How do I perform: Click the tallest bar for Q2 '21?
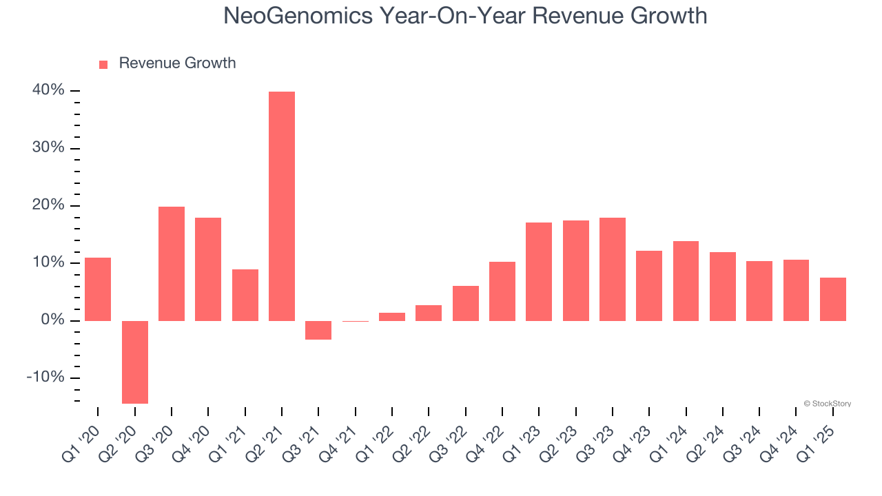[x=282, y=206]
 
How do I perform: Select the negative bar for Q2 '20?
[x=135, y=362]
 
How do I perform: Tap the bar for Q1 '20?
[x=98, y=289]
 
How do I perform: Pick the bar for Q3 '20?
[x=172, y=264]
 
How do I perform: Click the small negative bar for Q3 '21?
[x=318, y=330]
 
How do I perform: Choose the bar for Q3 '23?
[x=613, y=269]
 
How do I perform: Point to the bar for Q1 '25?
[x=833, y=299]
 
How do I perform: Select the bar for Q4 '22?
[x=502, y=291]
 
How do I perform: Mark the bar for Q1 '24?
[x=686, y=281]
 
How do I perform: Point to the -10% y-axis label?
[x=45, y=378]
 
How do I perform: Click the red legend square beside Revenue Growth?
[x=103, y=65]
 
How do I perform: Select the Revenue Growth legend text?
[x=177, y=63]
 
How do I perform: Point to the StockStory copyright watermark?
[x=827, y=404]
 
